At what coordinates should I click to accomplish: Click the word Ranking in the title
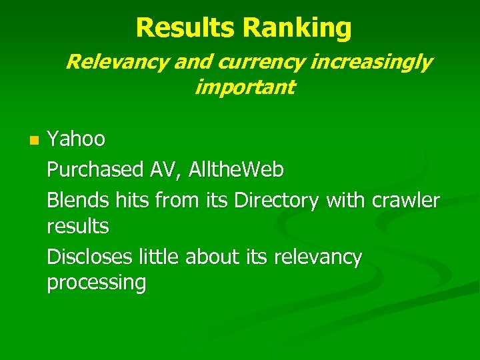[x=297, y=28]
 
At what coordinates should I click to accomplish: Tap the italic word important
[x=244, y=87]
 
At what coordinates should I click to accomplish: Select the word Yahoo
[x=76, y=139]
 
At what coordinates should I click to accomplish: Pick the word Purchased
[x=95, y=170]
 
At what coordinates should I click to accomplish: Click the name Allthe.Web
[x=236, y=170]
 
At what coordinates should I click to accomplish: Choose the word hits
[x=128, y=200]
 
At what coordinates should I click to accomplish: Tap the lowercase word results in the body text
[x=78, y=227]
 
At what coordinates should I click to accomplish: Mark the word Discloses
[x=90, y=257]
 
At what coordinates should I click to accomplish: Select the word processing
[x=97, y=283]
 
